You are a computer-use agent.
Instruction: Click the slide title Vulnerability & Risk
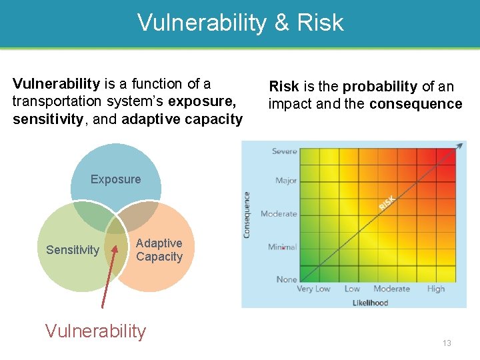click(x=240, y=23)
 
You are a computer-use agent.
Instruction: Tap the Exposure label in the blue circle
click(x=115, y=179)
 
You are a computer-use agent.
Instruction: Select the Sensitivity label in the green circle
click(x=73, y=250)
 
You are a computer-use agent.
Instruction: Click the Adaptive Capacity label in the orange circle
click(x=159, y=250)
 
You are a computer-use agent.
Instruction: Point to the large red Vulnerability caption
click(x=95, y=331)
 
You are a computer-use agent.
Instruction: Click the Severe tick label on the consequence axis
click(x=285, y=151)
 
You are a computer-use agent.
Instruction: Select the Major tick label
click(x=286, y=181)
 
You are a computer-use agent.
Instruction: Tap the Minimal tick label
click(x=283, y=247)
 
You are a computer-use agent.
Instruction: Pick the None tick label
click(x=287, y=279)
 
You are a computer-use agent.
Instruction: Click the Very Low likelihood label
click(x=313, y=289)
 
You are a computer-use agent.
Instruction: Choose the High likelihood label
click(x=436, y=289)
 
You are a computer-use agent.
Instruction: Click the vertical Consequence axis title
click(x=247, y=215)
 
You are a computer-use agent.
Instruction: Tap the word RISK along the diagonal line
click(x=387, y=203)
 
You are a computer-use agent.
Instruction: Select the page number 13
click(x=447, y=343)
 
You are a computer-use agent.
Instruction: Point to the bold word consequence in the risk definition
click(x=415, y=104)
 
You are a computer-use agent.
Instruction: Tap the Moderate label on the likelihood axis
click(x=391, y=289)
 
